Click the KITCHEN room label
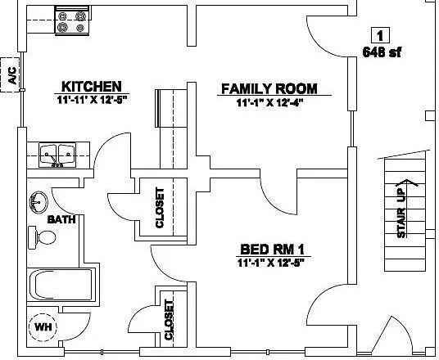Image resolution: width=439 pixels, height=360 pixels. point(93,86)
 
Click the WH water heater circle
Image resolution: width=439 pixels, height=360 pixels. point(43,328)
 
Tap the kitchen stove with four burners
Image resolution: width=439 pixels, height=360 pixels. point(71,21)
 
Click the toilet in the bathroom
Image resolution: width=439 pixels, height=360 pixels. point(45,238)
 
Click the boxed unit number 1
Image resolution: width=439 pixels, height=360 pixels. point(379,34)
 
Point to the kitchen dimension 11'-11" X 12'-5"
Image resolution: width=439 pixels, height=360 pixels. point(93,100)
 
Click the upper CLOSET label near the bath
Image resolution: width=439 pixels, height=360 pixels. point(159,208)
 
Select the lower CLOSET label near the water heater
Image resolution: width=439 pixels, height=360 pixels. point(169,319)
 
